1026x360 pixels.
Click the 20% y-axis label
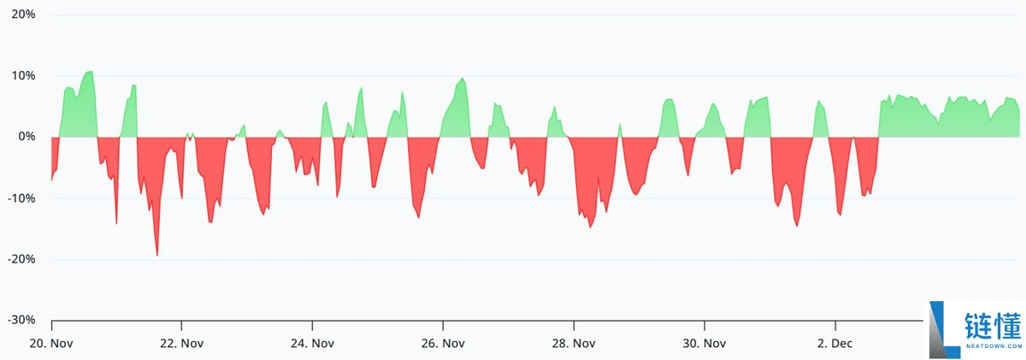[x=23, y=15]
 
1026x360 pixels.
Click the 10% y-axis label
[x=23, y=76]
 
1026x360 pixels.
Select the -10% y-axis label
[x=21, y=198]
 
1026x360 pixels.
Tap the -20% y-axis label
[x=21, y=259]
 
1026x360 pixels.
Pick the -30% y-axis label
[x=21, y=320]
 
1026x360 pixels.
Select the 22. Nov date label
[x=181, y=344]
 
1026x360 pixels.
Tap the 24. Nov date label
[x=312, y=344]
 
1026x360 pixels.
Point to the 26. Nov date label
[x=443, y=344]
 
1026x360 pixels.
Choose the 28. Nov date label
[x=573, y=344]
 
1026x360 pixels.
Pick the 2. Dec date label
[x=834, y=344]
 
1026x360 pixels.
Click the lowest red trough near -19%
[x=157, y=254]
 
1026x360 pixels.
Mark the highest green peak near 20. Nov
[x=89, y=73]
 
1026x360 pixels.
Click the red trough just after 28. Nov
[x=590, y=227]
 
